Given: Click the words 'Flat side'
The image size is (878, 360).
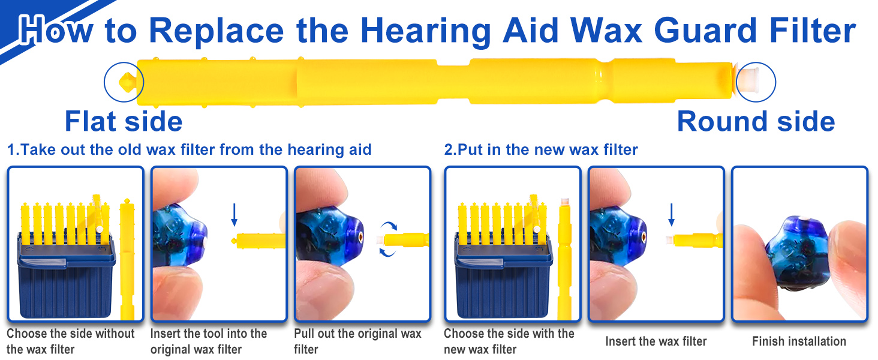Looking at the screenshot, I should point(124,121).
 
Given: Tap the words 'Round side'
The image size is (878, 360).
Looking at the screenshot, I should point(756,121).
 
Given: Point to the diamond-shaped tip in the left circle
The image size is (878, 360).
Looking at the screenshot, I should point(128,81).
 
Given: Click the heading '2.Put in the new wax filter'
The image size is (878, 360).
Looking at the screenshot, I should point(540,149).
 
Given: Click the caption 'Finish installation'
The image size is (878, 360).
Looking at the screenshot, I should point(799,341).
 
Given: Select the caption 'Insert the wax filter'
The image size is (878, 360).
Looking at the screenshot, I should point(656,341).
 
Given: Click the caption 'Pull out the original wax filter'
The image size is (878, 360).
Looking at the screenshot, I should point(357,341).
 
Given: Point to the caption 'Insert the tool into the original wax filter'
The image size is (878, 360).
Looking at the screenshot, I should point(209,341).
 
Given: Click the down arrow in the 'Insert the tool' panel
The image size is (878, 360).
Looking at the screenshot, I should point(234,214).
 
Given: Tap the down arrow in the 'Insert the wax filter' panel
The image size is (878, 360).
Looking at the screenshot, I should point(671,214).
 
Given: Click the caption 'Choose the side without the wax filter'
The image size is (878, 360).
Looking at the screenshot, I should point(71,341).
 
